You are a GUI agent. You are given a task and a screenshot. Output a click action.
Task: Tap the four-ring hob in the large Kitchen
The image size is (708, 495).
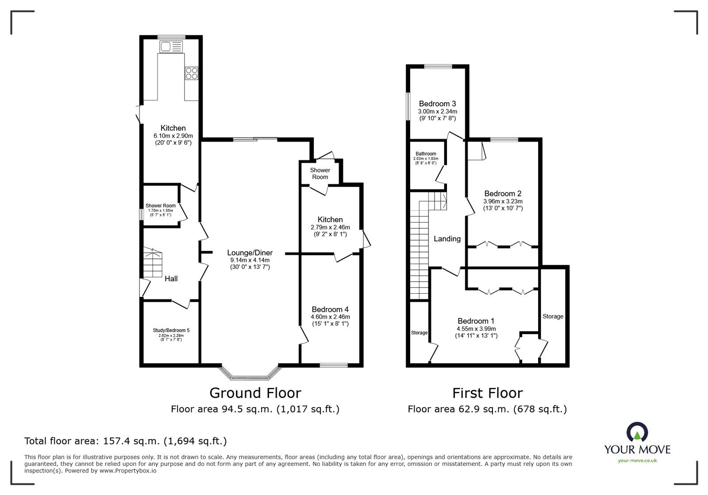(x=192, y=73)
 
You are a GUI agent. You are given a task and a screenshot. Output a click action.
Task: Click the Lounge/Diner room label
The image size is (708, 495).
(x=250, y=253)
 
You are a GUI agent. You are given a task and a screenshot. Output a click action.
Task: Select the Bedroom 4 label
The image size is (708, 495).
(x=330, y=309)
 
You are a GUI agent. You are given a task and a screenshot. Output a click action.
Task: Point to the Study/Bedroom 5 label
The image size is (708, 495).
(x=171, y=330)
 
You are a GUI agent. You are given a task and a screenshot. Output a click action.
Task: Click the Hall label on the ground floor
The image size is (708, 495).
(x=171, y=278)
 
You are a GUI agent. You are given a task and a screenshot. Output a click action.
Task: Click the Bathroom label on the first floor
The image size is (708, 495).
(x=425, y=154)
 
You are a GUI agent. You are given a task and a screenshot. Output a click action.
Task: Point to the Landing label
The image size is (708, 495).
(x=447, y=239)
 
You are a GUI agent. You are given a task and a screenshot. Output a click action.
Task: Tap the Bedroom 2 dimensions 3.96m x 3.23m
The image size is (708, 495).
(x=503, y=201)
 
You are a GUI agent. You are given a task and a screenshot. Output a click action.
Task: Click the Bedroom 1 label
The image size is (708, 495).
(x=476, y=321)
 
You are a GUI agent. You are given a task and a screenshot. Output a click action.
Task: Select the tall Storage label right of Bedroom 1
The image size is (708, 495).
(x=553, y=316)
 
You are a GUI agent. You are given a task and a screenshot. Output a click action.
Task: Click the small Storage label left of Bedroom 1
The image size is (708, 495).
(x=419, y=333)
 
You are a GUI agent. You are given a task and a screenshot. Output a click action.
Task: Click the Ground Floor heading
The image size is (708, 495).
(x=255, y=393)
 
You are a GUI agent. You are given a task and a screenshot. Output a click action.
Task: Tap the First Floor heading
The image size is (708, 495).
(x=487, y=393)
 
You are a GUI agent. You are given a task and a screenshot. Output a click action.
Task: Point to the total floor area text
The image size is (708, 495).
(x=125, y=441)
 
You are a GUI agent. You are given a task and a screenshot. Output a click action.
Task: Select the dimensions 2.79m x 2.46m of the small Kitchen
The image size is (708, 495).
(x=330, y=227)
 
